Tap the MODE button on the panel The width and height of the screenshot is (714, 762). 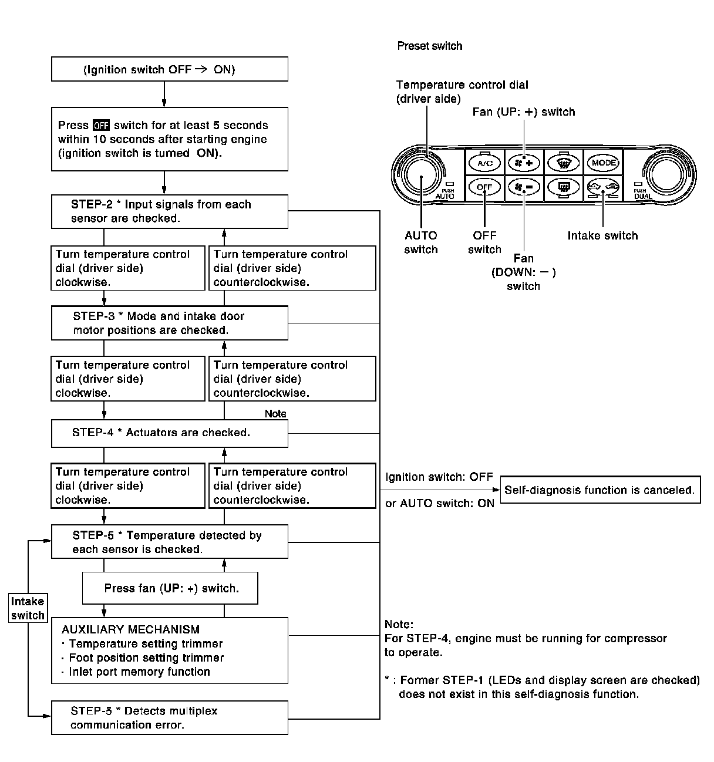(x=603, y=162)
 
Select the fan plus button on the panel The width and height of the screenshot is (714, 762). (x=524, y=162)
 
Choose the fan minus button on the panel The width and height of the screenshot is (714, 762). (x=524, y=187)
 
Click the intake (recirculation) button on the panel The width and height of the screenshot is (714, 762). (x=603, y=187)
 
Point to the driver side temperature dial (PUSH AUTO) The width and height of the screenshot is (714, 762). (x=422, y=174)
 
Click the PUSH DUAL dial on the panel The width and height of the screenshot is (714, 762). (x=667, y=174)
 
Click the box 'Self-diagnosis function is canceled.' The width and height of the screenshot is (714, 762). (x=600, y=490)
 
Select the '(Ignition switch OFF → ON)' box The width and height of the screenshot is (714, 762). (x=170, y=69)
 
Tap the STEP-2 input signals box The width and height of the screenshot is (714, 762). (x=170, y=211)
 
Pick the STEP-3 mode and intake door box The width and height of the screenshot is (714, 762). (x=170, y=323)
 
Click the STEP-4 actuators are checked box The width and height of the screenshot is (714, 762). (x=170, y=433)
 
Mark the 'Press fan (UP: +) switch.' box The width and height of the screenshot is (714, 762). (x=170, y=588)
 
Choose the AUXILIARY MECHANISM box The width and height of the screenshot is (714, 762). (x=170, y=650)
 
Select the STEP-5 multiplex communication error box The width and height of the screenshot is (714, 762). (x=170, y=717)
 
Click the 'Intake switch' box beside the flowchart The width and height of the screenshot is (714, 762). (x=28, y=608)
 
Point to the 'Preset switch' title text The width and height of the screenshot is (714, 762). (x=429, y=46)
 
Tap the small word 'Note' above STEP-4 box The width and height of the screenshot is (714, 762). (x=275, y=413)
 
